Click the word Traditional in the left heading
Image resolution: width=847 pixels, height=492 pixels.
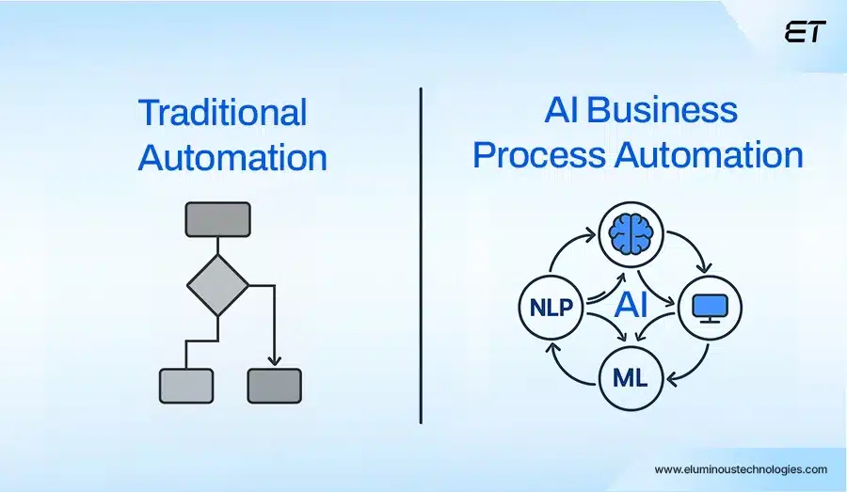click(222, 113)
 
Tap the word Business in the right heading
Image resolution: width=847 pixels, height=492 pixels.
click(663, 110)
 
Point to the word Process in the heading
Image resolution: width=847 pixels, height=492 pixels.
click(539, 154)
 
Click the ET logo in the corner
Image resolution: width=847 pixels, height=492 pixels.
click(804, 32)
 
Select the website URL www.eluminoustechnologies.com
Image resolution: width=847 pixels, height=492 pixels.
click(741, 469)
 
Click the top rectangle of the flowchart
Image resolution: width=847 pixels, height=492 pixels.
click(218, 219)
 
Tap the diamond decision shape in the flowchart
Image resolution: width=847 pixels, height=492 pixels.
click(218, 283)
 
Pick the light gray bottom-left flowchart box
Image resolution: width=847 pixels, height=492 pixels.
click(186, 386)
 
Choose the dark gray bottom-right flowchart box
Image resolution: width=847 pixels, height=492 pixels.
click(274, 386)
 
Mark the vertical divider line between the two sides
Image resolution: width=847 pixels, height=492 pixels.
click(421, 254)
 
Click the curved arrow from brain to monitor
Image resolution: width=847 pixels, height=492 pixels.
click(684, 251)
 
